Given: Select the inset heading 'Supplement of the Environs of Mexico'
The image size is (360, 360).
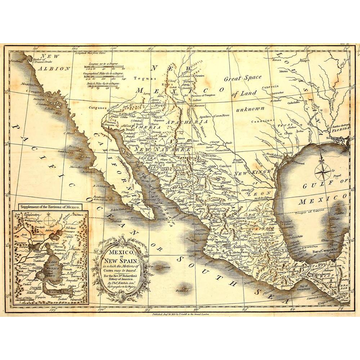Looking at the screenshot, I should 50,207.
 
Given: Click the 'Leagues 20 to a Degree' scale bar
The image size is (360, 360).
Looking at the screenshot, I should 105,65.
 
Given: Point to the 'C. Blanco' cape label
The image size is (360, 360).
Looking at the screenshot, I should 69,133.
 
